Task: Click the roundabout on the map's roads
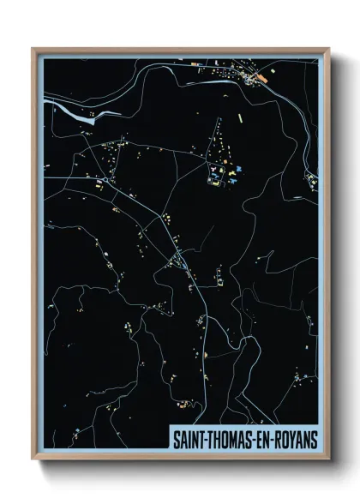(178, 256)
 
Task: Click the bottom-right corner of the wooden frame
(329, 459)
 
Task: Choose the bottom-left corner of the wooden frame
(33, 459)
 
